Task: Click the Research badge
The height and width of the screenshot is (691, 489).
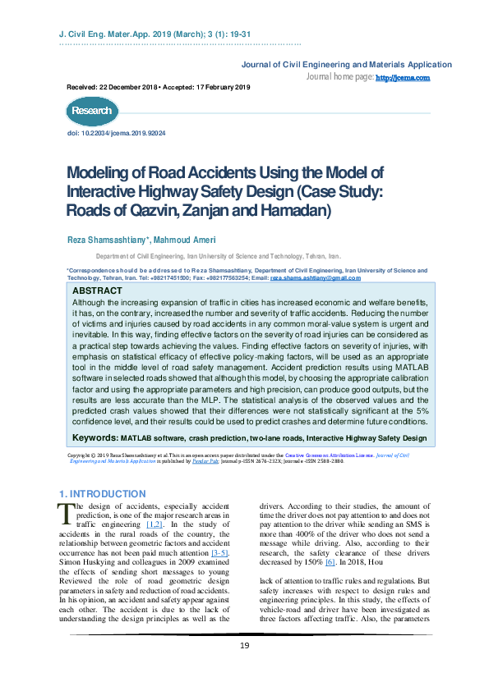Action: pyautogui.click(x=90, y=111)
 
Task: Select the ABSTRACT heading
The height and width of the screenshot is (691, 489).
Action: pyautogui.click(x=97, y=291)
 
